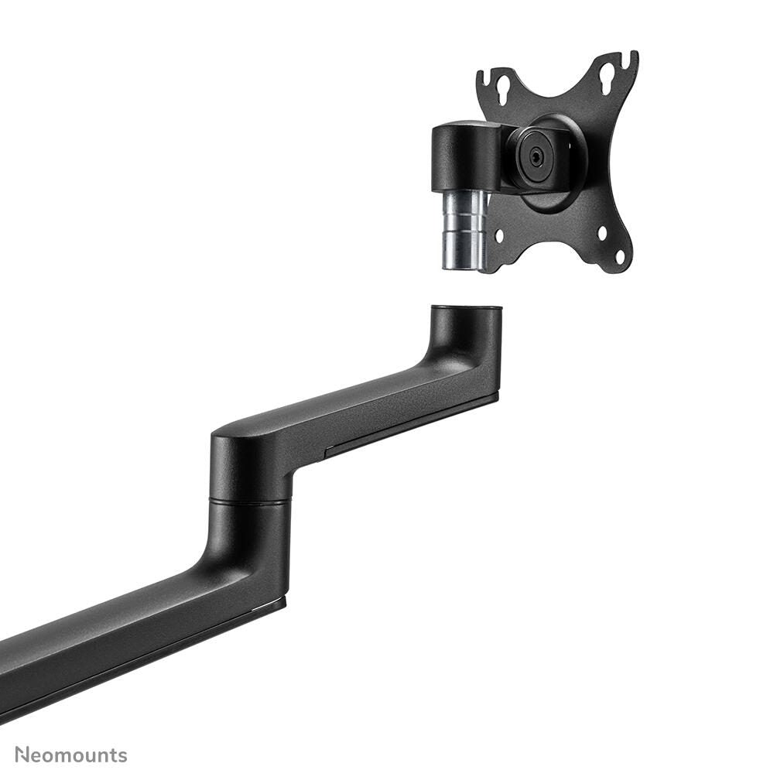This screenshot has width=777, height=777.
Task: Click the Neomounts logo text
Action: [x=70, y=755]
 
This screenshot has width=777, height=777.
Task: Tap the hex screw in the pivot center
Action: [x=536, y=155]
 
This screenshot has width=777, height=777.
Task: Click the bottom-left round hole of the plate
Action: [x=499, y=234]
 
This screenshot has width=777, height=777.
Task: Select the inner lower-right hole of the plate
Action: [x=602, y=231]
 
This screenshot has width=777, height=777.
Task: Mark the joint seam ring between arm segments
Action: [x=250, y=501]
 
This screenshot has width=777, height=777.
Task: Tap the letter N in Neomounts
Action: [x=22, y=755]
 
